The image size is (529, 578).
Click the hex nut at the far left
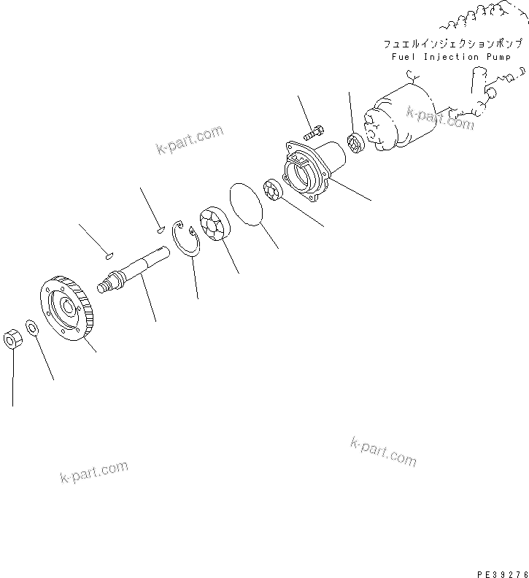(12, 339)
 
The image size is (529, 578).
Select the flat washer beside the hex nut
(33, 326)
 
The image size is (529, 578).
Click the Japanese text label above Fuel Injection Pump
(447, 45)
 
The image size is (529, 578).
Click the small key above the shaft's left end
(107, 255)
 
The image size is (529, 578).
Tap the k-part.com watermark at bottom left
(93, 471)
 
